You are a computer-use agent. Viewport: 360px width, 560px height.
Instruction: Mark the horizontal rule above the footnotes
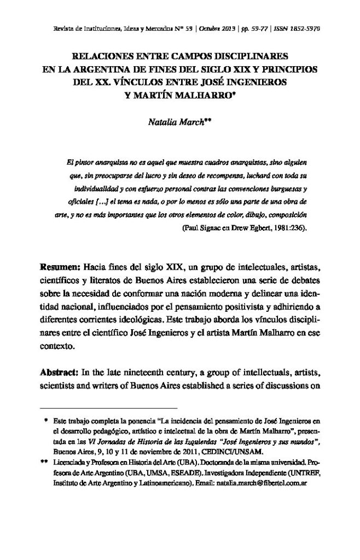[x=109, y=408]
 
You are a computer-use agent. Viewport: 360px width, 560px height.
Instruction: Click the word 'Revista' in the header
[x=51, y=27]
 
